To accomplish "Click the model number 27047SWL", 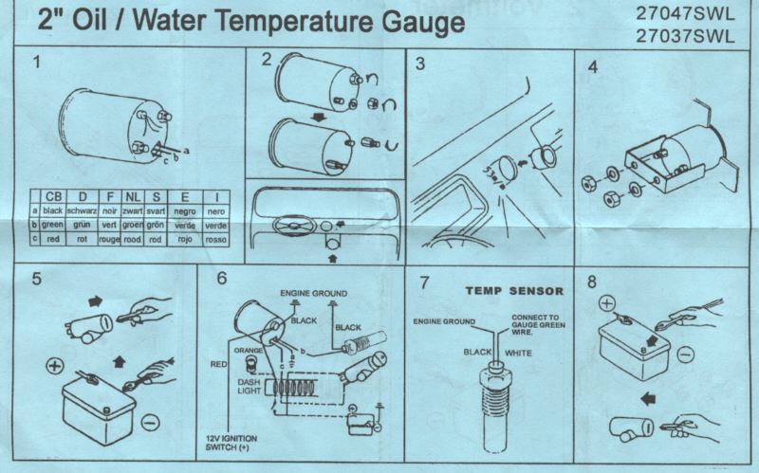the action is (685, 14).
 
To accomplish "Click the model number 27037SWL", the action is (685, 36).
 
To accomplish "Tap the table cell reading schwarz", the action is (83, 211).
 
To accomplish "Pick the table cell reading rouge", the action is (109, 240).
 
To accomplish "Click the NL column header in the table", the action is (132, 197).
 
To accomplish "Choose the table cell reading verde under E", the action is (185, 226).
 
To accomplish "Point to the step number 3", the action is (420, 64).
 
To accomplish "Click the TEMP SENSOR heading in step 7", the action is (514, 291).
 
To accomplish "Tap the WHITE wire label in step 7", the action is (518, 353).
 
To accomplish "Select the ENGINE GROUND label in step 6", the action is (314, 294).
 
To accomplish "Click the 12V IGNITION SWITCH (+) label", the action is (231, 443).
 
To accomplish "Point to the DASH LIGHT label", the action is (250, 387).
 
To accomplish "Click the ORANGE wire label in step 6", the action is (249, 350).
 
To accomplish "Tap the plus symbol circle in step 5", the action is (55, 366).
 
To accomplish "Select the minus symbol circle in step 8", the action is (685, 355).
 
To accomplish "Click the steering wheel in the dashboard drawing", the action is (294, 227).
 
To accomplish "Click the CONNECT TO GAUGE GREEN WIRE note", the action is (538, 325).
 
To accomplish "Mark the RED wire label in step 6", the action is (218, 364).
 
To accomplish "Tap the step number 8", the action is (591, 282).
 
